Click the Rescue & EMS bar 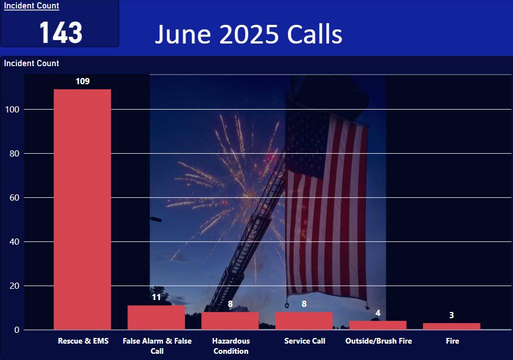tap(83, 209)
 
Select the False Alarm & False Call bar tap(156, 318)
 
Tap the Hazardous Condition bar tap(230, 321)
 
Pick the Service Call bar tap(304, 321)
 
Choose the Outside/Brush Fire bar tap(378, 326)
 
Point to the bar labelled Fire tap(451, 326)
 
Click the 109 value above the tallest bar tap(83, 81)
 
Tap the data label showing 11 tap(156, 297)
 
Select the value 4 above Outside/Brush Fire tap(378, 313)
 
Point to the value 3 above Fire tap(451, 315)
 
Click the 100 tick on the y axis tap(12, 110)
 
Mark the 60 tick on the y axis tap(14, 197)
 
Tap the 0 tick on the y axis tap(17, 330)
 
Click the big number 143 tap(61, 32)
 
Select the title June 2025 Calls tap(249, 34)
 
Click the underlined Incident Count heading tap(32, 6)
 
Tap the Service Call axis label tap(305, 341)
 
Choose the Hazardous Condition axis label tap(231, 346)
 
